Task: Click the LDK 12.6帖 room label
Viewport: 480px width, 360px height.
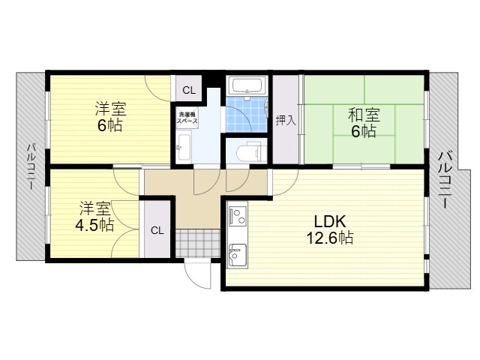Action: tap(330, 229)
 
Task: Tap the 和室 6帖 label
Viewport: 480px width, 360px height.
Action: tap(363, 123)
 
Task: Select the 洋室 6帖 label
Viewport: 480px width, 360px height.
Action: tap(110, 117)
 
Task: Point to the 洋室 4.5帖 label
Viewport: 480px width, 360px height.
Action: tap(94, 216)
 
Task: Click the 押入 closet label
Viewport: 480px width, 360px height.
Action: tap(286, 120)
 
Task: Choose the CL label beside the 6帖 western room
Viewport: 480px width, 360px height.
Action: tap(189, 91)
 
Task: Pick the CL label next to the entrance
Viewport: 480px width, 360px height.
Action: tap(157, 230)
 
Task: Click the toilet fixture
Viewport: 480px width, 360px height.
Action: tap(250, 151)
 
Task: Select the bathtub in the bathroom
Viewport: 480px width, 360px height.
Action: tap(247, 85)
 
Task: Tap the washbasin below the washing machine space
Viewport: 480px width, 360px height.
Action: tap(184, 147)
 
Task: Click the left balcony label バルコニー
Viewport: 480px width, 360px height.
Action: tap(31, 166)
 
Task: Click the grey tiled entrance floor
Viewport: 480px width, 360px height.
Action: tap(198, 243)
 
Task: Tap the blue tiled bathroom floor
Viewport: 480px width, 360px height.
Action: tap(247, 114)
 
